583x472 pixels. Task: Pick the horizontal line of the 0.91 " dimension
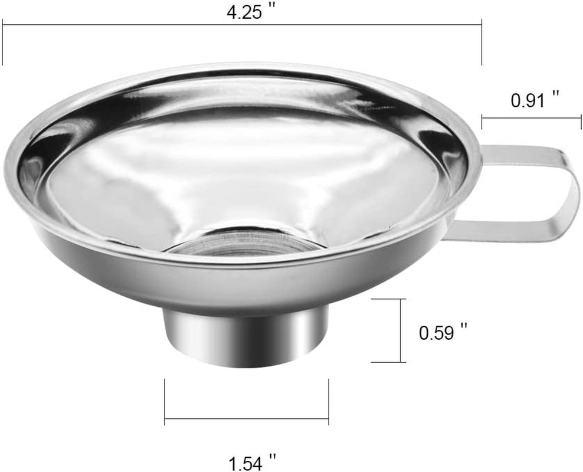[531, 118]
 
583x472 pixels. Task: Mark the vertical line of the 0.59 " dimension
[401, 330]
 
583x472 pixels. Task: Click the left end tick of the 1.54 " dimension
[165, 401]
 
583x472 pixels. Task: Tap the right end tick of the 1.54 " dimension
[328, 401]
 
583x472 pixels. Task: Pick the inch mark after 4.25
[272, 9]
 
